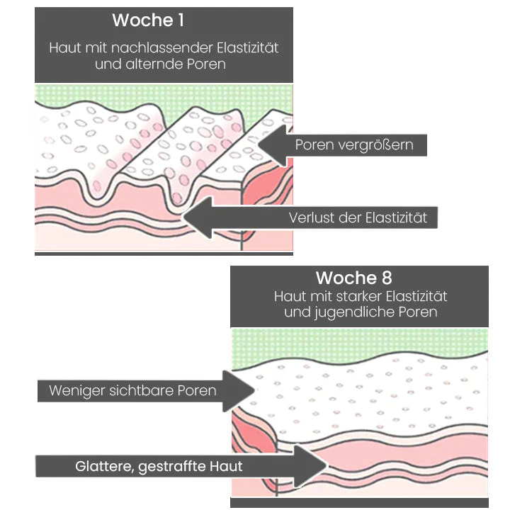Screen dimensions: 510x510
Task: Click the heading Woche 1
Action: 148,21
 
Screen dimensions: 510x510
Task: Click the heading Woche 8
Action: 353,277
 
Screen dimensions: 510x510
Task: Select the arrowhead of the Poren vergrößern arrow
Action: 272,144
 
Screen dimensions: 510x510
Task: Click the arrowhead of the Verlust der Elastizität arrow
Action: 200,217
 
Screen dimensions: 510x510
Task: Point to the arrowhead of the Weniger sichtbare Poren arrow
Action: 241,391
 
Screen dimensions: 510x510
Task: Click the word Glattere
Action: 104,467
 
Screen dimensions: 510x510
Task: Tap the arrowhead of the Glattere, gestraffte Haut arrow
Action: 311,466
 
